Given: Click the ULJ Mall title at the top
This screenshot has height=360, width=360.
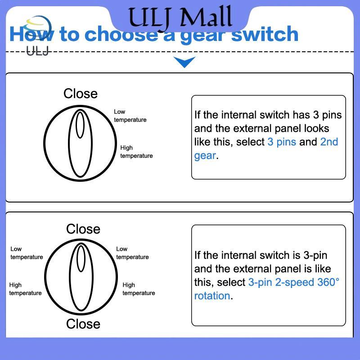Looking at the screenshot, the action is [180, 17].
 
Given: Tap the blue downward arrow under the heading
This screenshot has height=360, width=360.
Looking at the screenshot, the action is [184, 62].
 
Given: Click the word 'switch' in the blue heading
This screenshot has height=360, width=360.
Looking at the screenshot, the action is [265, 34].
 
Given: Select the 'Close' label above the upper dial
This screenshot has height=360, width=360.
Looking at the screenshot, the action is [81, 94].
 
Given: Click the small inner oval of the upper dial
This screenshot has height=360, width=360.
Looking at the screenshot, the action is [80, 125].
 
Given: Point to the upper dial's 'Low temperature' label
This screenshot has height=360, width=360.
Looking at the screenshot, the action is [130, 116].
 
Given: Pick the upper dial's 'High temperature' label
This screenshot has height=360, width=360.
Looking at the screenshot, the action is [136, 152].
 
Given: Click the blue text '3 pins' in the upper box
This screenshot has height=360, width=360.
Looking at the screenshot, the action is [282, 142].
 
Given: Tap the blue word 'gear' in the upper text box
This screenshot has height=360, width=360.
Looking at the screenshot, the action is [205, 156].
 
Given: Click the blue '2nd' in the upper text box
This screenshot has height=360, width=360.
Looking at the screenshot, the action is [329, 142].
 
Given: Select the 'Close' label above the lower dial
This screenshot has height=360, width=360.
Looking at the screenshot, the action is [83, 229].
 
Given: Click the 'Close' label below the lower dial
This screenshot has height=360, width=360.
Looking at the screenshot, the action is [83, 324].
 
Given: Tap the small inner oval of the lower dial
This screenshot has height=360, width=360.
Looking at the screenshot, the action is [81, 259].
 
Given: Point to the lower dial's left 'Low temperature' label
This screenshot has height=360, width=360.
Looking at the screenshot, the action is [27, 253].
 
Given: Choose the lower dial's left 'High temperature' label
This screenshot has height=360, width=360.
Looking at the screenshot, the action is [25, 289].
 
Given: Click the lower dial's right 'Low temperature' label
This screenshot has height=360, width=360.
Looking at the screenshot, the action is [132, 253].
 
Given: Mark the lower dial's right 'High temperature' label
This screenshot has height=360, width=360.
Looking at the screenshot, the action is [139, 289].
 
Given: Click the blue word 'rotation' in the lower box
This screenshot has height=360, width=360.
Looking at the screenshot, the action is [212, 296].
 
